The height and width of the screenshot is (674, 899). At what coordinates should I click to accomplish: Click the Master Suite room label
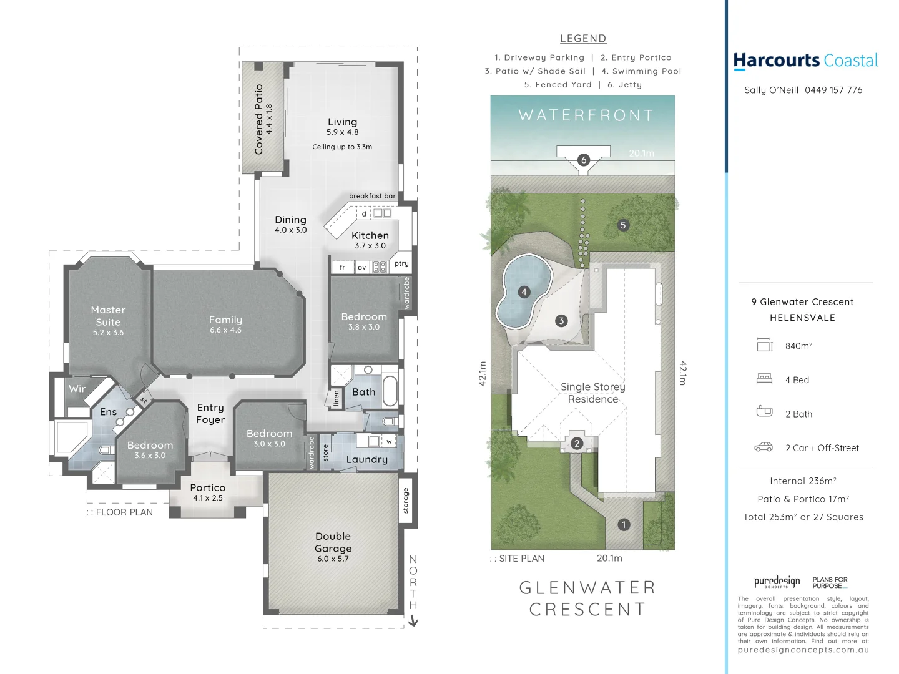(108, 316)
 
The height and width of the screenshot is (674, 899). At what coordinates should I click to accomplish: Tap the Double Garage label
(333, 542)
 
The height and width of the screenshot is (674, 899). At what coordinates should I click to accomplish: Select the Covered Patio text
(259, 119)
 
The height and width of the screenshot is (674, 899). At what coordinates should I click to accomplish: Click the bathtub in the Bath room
(390, 391)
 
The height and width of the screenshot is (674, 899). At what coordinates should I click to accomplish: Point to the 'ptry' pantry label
(401, 263)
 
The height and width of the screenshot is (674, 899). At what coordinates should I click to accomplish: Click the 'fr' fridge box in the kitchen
(342, 267)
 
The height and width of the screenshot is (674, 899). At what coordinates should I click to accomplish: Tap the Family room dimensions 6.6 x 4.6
(225, 330)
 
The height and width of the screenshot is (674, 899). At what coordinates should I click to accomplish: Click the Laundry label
(366, 459)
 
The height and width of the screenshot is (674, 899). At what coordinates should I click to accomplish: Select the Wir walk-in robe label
(77, 388)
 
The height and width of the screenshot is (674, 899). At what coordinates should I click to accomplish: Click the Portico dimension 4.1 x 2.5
(208, 498)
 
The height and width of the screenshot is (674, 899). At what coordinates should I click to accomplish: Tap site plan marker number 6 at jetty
(584, 160)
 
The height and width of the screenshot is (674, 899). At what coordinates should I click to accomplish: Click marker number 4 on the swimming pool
(524, 292)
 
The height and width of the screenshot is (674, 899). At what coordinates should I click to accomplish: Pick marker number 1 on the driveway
(623, 525)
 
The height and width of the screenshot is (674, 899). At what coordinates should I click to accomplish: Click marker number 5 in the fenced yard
(622, 225)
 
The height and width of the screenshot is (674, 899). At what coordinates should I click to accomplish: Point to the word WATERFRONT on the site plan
(586, 115)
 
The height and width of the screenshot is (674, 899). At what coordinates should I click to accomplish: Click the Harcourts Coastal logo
(805, 61)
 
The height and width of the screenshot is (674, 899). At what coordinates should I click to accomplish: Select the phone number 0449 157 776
(833, 90)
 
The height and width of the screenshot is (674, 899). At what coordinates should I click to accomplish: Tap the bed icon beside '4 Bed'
(764, 379)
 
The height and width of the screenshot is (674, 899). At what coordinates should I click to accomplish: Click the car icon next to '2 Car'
(764, 447)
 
